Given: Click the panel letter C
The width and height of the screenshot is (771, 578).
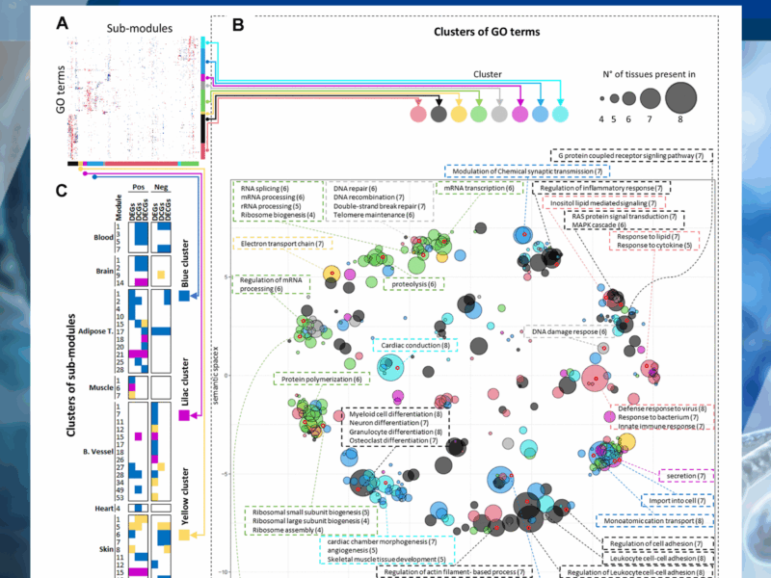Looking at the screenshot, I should click(x=62, y=190).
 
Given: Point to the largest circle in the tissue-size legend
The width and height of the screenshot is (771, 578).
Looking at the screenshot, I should click(x=680, y=97).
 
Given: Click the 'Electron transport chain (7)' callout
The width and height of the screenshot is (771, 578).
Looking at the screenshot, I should click(x=280, y=245).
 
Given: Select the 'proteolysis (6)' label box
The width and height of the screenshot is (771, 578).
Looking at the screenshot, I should click(x=413, y=284).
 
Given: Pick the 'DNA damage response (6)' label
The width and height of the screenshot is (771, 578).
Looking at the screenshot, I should click(x=570, y=331).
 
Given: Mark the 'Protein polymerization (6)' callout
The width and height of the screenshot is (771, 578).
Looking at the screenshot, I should click(x=318, y=380).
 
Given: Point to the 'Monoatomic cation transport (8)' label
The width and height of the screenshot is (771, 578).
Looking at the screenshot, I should click(x=654, y=521).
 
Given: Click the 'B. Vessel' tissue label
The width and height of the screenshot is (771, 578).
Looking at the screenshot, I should click(x=94, y=449).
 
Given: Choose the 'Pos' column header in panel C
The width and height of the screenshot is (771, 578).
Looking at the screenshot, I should click(x=139, y=191).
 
